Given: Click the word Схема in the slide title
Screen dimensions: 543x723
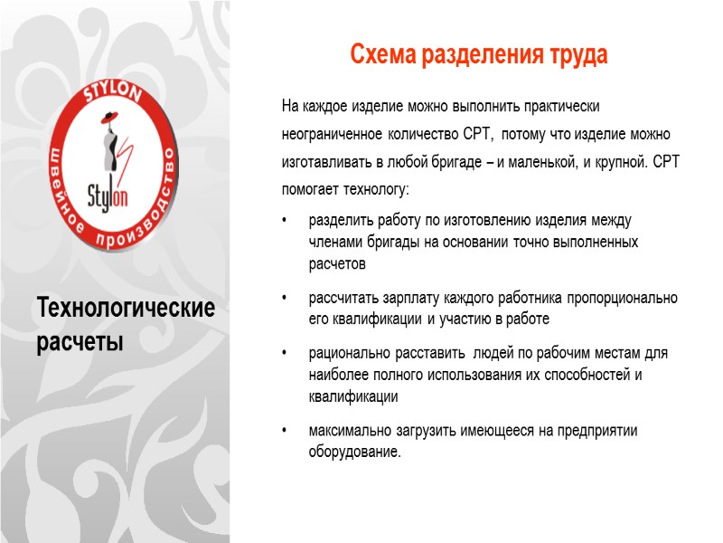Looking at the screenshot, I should click(380, 55).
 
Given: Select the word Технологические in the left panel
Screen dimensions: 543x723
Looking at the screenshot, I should click(127, 309).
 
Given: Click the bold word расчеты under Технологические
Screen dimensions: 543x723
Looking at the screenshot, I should click(80, 343).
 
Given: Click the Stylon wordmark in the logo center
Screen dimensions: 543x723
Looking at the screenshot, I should click(107, 193).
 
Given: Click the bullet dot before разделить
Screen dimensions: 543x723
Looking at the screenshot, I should click(286, 221).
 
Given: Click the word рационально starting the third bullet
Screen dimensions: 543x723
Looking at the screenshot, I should click(348, 353).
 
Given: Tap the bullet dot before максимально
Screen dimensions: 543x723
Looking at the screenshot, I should click(286, 431).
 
